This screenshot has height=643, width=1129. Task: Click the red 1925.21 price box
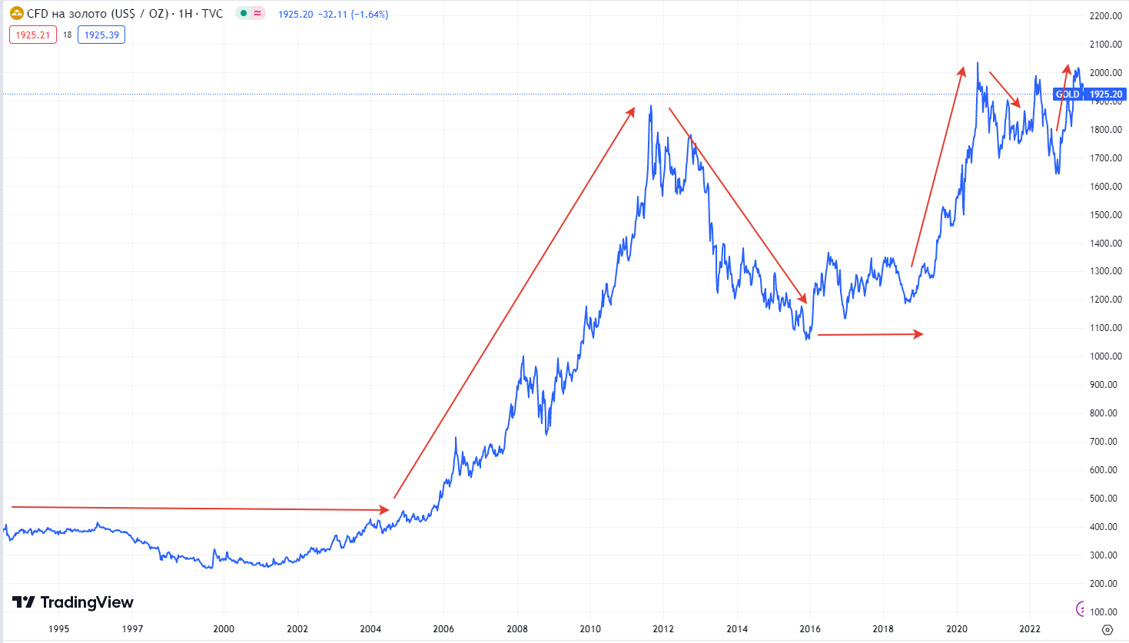pos(33,35)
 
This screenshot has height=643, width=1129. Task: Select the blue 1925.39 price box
pos(101,35)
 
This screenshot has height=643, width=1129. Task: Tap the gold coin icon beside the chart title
pos(16,13)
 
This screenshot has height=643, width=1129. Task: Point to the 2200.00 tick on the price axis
pos(1105,16)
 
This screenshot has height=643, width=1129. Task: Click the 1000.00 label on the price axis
pos(1105,356)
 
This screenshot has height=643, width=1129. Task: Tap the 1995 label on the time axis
pos(59,628)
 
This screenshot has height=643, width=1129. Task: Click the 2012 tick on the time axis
pos(663,628)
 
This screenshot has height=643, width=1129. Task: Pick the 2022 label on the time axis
pos(1030,628)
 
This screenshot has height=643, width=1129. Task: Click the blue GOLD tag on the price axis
pos(1068,94)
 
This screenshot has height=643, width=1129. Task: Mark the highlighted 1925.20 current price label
pos(1106,94)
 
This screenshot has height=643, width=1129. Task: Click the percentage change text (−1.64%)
pos(370,15)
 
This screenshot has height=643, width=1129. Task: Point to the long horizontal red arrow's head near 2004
pos(386,509)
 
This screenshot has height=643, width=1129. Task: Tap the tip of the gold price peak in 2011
pos(651,106)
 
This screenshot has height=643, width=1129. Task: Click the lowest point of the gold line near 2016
pos(807,339)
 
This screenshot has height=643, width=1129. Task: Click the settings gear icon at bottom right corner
pos(1107,629)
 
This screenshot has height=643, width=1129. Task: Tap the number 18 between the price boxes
pos(68,35)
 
